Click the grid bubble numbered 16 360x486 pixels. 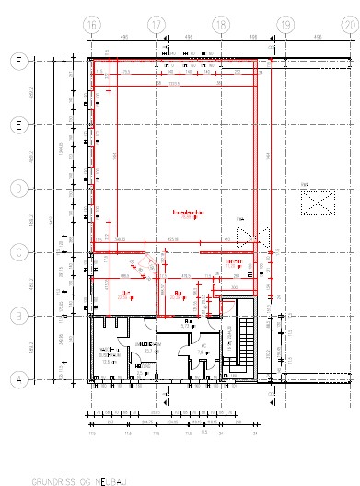click(x=91, y=24)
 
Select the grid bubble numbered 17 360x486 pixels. click(x=156, y=24)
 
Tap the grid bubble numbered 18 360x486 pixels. click(x=220, y=24)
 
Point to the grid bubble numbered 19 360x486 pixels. click(x=285, y=24)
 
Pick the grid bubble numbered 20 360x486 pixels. click(x=349, y=24)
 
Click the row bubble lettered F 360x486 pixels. click(x=17, y=62)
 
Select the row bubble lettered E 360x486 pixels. click(x=17, y=124)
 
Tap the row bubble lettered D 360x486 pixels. click(x=17, y=189)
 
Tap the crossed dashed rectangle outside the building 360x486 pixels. click(x=319, y=200)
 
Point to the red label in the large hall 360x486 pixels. click(x=187, y=214)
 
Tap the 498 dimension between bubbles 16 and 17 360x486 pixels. click(x=123, y=39)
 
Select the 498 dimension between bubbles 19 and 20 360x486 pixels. click(x=317, y=39)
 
